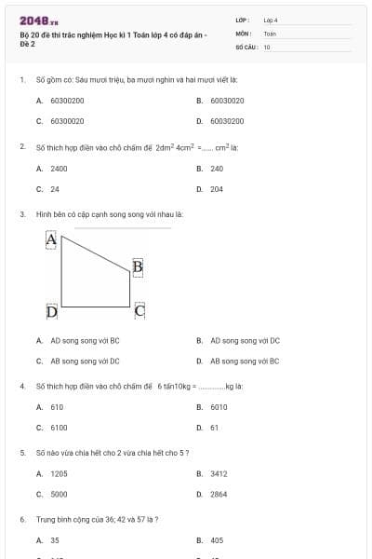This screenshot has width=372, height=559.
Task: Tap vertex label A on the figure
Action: click(52, 240)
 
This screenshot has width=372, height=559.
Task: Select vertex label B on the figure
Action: click(138, 267)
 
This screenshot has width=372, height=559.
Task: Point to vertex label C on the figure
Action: click(139, 310)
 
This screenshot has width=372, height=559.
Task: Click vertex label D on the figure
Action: click(52, 311)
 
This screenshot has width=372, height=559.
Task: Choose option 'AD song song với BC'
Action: click(85, 340)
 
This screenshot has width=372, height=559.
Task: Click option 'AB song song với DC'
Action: click(85, 361)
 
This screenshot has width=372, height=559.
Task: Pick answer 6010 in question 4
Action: click(219, 407)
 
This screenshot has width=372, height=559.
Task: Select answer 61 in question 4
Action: click(214, 428)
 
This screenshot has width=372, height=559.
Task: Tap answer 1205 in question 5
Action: click(59, 473)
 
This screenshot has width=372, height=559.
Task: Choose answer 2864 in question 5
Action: click(219, 494)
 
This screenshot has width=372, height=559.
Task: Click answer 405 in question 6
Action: click(217, 539)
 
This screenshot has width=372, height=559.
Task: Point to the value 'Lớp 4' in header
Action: click(271, 20)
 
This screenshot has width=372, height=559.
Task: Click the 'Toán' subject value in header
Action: click(270, 33)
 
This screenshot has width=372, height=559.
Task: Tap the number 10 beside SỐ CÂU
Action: click(267, 46)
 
